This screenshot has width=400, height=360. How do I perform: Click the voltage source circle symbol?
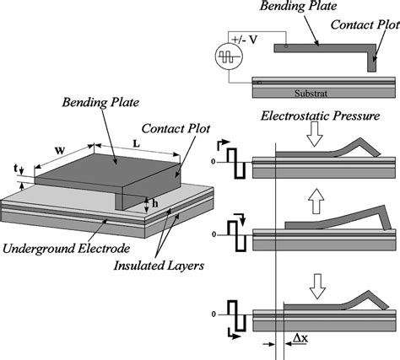click(229, 56)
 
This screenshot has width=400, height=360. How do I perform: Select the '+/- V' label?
click(244, 40)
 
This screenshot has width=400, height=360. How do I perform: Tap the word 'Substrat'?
click(311, 94)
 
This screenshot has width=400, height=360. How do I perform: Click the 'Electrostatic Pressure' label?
click(320, 116)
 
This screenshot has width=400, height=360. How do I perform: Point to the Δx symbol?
click(300, 338)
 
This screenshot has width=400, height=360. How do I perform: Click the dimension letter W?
click(60, 151)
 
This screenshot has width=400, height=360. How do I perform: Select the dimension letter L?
click(136, 144)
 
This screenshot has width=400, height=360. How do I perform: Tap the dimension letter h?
click(155, 204)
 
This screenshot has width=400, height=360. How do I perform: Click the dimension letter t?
click(16, 168)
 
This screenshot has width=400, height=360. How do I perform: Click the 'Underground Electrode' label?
click(67, 249)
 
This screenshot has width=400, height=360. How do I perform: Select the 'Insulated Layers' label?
click(159, 266)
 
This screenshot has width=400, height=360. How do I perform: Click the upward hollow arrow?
click(316, 201)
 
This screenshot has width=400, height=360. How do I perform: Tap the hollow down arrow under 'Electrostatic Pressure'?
click(315, 134)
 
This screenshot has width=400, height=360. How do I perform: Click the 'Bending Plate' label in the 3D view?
click(100, 102)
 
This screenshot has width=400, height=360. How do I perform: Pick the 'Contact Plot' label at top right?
click(365, 24)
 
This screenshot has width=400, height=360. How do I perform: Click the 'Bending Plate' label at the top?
click(298, 6)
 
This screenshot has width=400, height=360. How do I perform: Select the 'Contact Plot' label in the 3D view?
click(176, 129)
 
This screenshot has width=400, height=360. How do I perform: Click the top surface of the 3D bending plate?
click(107, 169)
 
